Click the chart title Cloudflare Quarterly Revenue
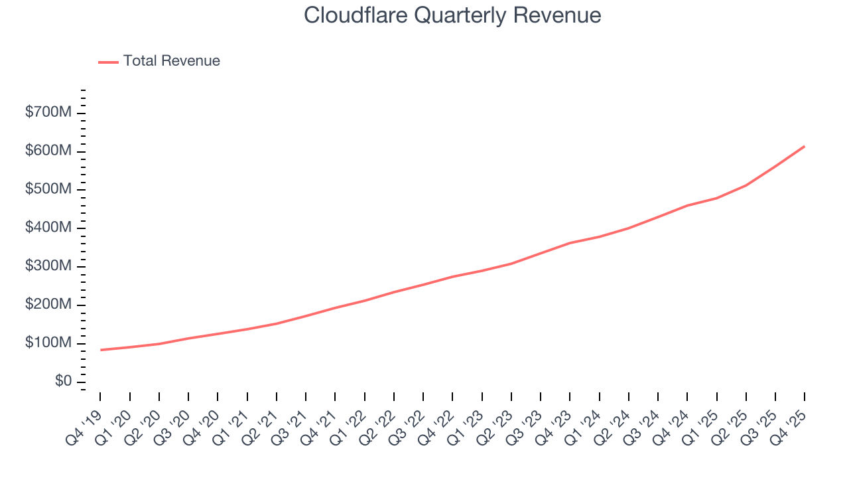click(452, 15)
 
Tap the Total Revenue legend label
click(171, 61)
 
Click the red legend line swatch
click(108, 62)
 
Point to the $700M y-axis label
click(48, 113)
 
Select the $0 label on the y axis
click(63, 382)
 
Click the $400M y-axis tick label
click(48, 228)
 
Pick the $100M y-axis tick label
click(48, 343)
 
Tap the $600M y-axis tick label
click(48, 151)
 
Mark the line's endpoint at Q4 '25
click(805, 146)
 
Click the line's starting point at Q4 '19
click(101, 350)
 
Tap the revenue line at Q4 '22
click(452, 276)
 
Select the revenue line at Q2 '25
click(746, 185)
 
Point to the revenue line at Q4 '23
click(570, 243)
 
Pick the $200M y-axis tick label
click(48, 305)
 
